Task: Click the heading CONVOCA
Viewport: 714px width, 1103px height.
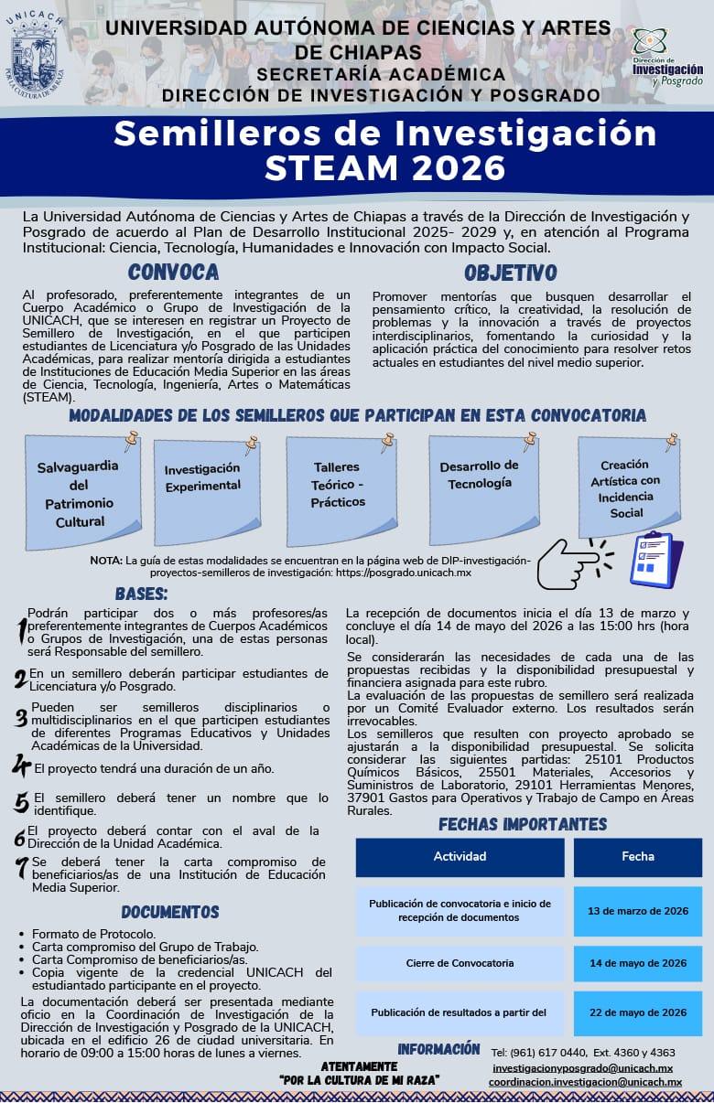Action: pos(173,272)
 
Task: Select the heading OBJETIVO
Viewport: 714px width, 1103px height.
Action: pos(510,273)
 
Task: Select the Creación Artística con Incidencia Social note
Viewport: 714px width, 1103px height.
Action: pos(626,488)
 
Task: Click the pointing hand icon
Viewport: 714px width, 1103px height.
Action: pos(573,563)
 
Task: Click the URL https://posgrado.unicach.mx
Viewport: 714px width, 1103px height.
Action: pos(417,573)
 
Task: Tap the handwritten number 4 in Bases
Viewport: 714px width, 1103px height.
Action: pos(21,766)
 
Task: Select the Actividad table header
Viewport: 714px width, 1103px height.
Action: pos(460,857)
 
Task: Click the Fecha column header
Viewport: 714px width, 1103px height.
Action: pos(637,857)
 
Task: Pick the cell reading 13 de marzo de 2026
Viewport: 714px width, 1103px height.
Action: pos(637,911)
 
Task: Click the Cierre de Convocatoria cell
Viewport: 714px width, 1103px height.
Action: pos(460,963)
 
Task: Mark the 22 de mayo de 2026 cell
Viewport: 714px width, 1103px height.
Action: pos(637,1012)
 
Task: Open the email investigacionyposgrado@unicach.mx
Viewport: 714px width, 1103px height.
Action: pos(582,1068)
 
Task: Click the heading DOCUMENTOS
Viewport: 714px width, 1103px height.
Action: pos(170,912)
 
